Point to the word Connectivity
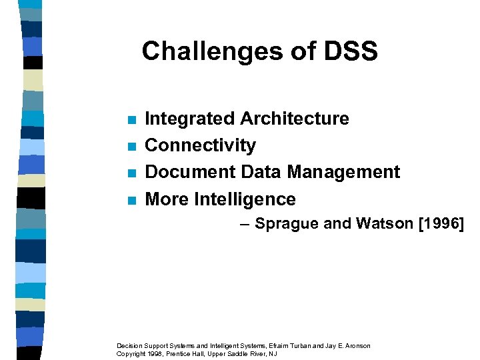click(x=200, y=145)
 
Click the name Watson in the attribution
click(x=383, y=223)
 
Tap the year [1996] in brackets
click(x=441, y=223)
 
